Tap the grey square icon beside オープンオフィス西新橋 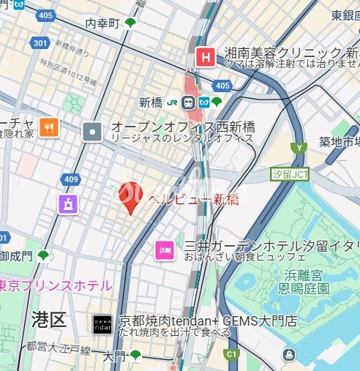(93, 132)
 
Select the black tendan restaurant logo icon (102, 323)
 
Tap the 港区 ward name (49, 318)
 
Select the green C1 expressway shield (232, 355)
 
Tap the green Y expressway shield (298, 148)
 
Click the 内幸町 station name (102, 23)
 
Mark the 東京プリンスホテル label (55, 285)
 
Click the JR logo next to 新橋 (174, 102)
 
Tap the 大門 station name (114, 356)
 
